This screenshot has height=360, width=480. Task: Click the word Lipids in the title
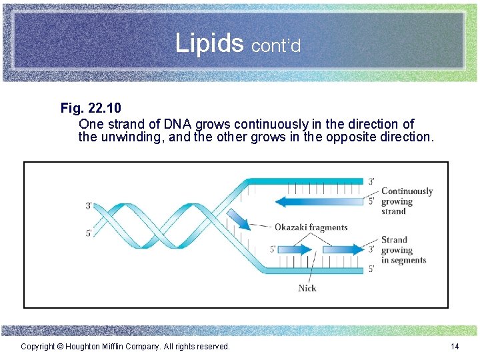tap(210, 43)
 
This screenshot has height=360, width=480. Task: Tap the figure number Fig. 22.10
tap(91, 108)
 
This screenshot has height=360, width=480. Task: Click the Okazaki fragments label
tap(311, 227)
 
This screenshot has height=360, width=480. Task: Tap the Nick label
tap(307, 288)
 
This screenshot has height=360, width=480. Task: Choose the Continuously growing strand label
tap(406, 201)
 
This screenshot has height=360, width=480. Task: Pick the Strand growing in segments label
tap(403, 250)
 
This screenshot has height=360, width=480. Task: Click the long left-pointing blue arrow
tap(320, 201)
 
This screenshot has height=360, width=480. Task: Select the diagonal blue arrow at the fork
tap(239, 220)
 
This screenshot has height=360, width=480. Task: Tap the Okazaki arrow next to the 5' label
tap(295, 250)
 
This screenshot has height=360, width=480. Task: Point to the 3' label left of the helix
tap(89, 206)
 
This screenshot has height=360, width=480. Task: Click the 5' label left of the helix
tap(89, 233)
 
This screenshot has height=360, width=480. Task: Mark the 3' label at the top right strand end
tap(371, 181)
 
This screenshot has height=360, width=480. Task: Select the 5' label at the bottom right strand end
tap(371, 270)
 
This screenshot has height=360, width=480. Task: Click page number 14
tap(455, 346)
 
